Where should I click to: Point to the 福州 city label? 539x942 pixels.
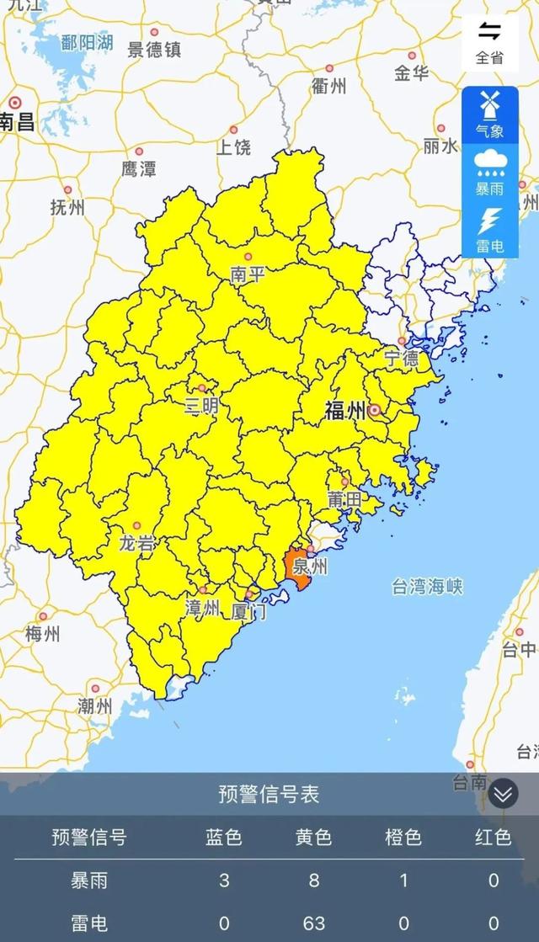[345, 411]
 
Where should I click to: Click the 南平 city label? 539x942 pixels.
[247, 274]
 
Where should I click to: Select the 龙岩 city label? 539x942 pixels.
[136, 543]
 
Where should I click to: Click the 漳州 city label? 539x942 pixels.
[202, 607]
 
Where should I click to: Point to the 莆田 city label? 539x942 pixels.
[344, 499]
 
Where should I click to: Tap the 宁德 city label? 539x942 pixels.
[402, 358]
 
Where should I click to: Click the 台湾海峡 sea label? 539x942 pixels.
[427, 587]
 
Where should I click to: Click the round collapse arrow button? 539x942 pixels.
[503, 793]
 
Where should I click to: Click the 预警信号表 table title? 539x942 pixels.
[269, 794]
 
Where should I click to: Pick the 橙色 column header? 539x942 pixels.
[403, 837]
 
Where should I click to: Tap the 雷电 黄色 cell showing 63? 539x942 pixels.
[313, 923]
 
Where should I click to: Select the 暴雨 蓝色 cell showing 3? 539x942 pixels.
[223, 881]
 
